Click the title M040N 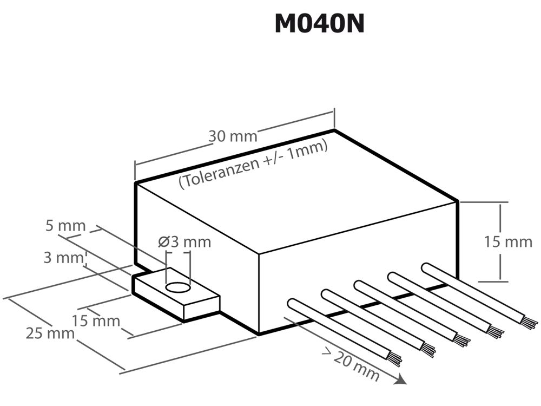319,23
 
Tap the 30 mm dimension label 233,135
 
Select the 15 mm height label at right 508,241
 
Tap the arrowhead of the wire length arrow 400,380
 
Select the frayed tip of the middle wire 461,340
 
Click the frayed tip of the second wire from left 428,350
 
